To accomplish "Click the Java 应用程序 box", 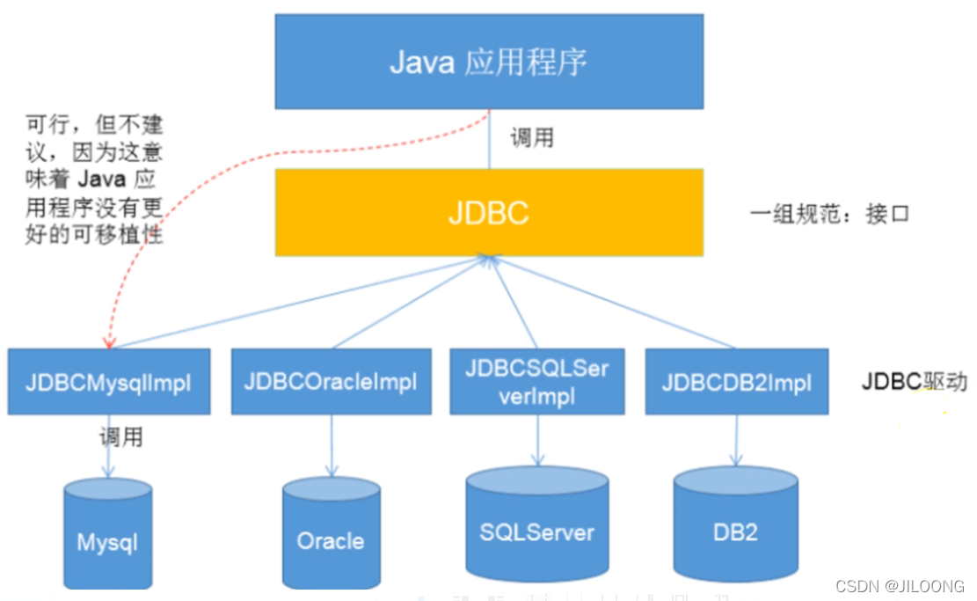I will pos(489,62).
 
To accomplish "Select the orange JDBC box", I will pos(489,213).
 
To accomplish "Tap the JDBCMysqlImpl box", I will pos(109,382).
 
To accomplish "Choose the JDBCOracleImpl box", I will pos(331,382).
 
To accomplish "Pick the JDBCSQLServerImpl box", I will pos(537,382).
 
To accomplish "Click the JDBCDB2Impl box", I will pos(736,382).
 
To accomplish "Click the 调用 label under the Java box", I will pos(531,137).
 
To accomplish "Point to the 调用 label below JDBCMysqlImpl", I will pos(120,436).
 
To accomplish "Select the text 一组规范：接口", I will pos(829,214).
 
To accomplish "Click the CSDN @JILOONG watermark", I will pos(899,586).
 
